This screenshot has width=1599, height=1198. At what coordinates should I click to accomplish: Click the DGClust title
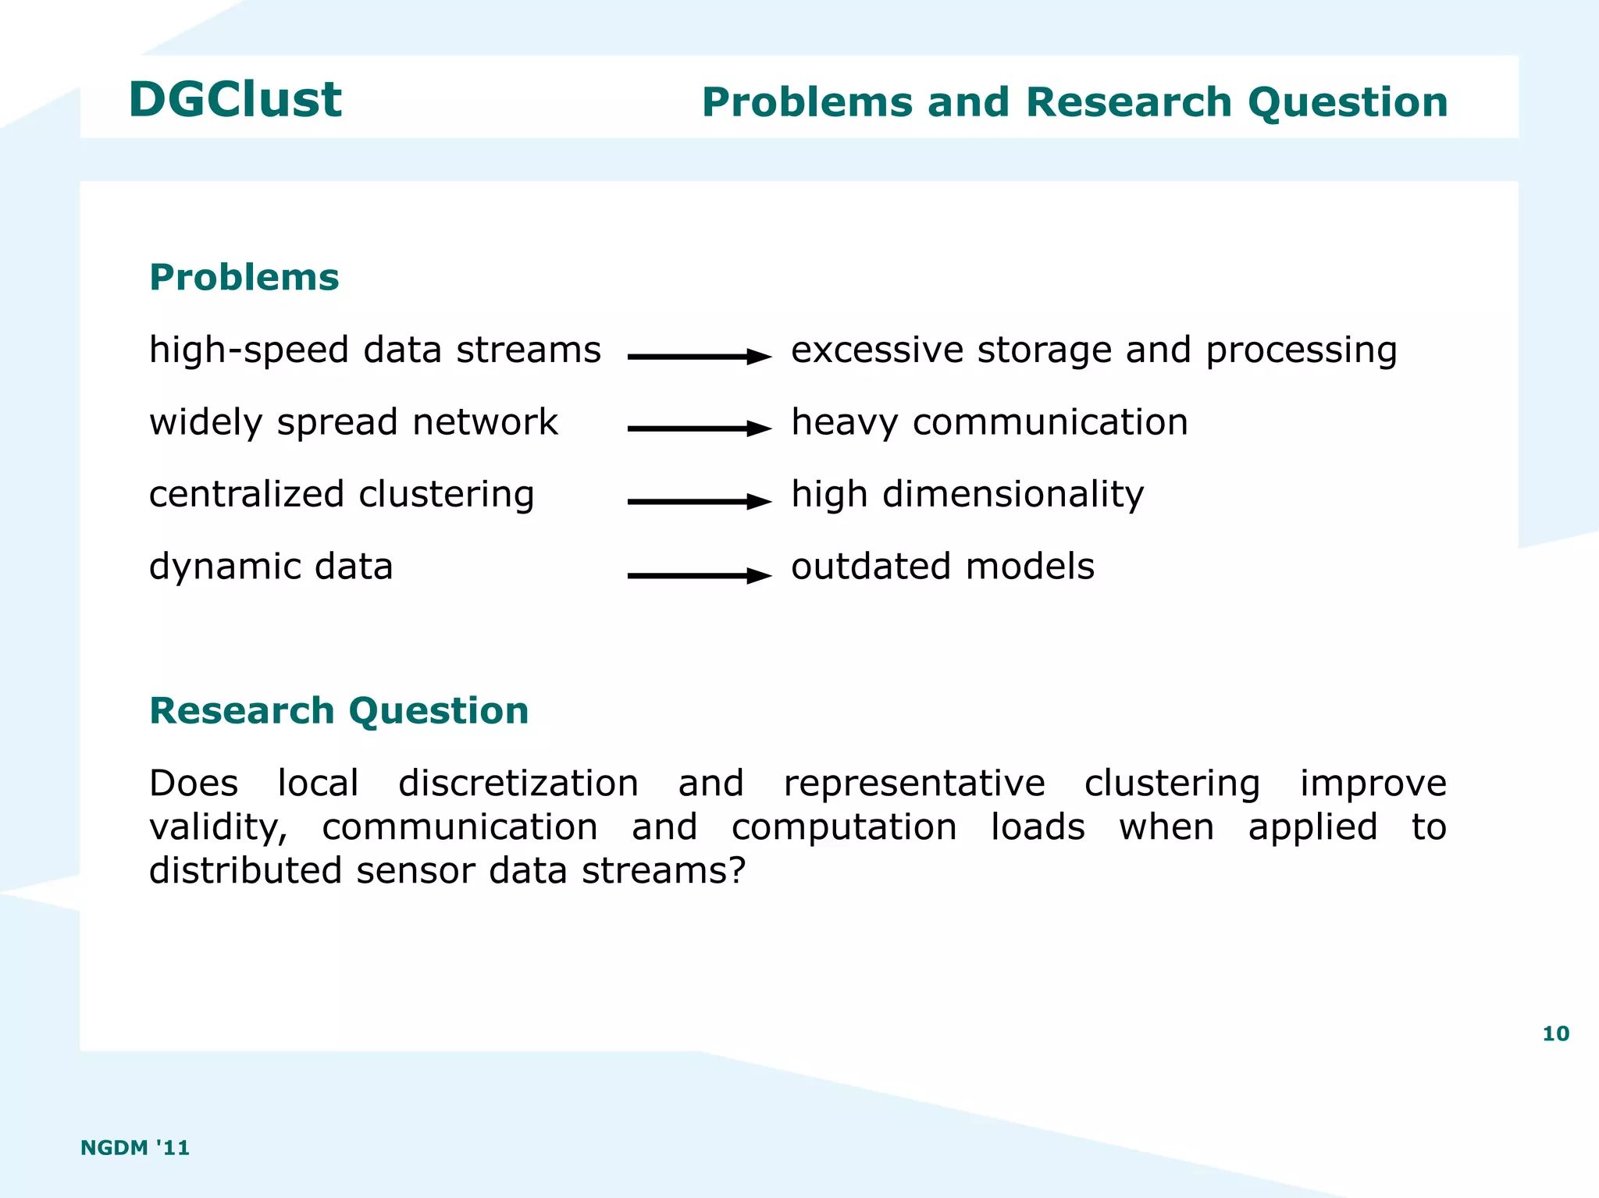click(x=235, y=100)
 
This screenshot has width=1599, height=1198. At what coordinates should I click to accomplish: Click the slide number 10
click(x=1555, y=1033)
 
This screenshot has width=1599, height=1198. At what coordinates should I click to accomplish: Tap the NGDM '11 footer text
click(x=135, y=1147)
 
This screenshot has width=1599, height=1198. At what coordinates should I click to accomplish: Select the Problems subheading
click(x=244, y=278)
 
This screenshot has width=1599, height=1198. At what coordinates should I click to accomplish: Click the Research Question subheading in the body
click(x=339, y=711)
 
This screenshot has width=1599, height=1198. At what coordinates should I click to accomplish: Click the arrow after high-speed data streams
click(x=699, y=357)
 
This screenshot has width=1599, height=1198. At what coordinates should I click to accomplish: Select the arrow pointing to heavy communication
click(x=699, y=428)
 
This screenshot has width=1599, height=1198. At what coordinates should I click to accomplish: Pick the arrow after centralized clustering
click(x=699, y=501)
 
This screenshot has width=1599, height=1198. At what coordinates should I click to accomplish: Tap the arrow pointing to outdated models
click(x=699, y=576)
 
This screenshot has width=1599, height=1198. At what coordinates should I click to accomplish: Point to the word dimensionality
click(x=1013, y=495)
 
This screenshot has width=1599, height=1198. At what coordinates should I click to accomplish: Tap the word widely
click(x=205, y=423)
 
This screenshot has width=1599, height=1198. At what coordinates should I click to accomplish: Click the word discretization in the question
click(x=518, y=784)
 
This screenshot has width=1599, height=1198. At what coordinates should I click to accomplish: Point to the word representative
click(x=914, y=784)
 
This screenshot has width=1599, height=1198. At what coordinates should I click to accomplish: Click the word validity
click(x=218, y=828)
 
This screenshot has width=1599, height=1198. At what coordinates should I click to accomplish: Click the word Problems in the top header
click(x=807, y=102)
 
